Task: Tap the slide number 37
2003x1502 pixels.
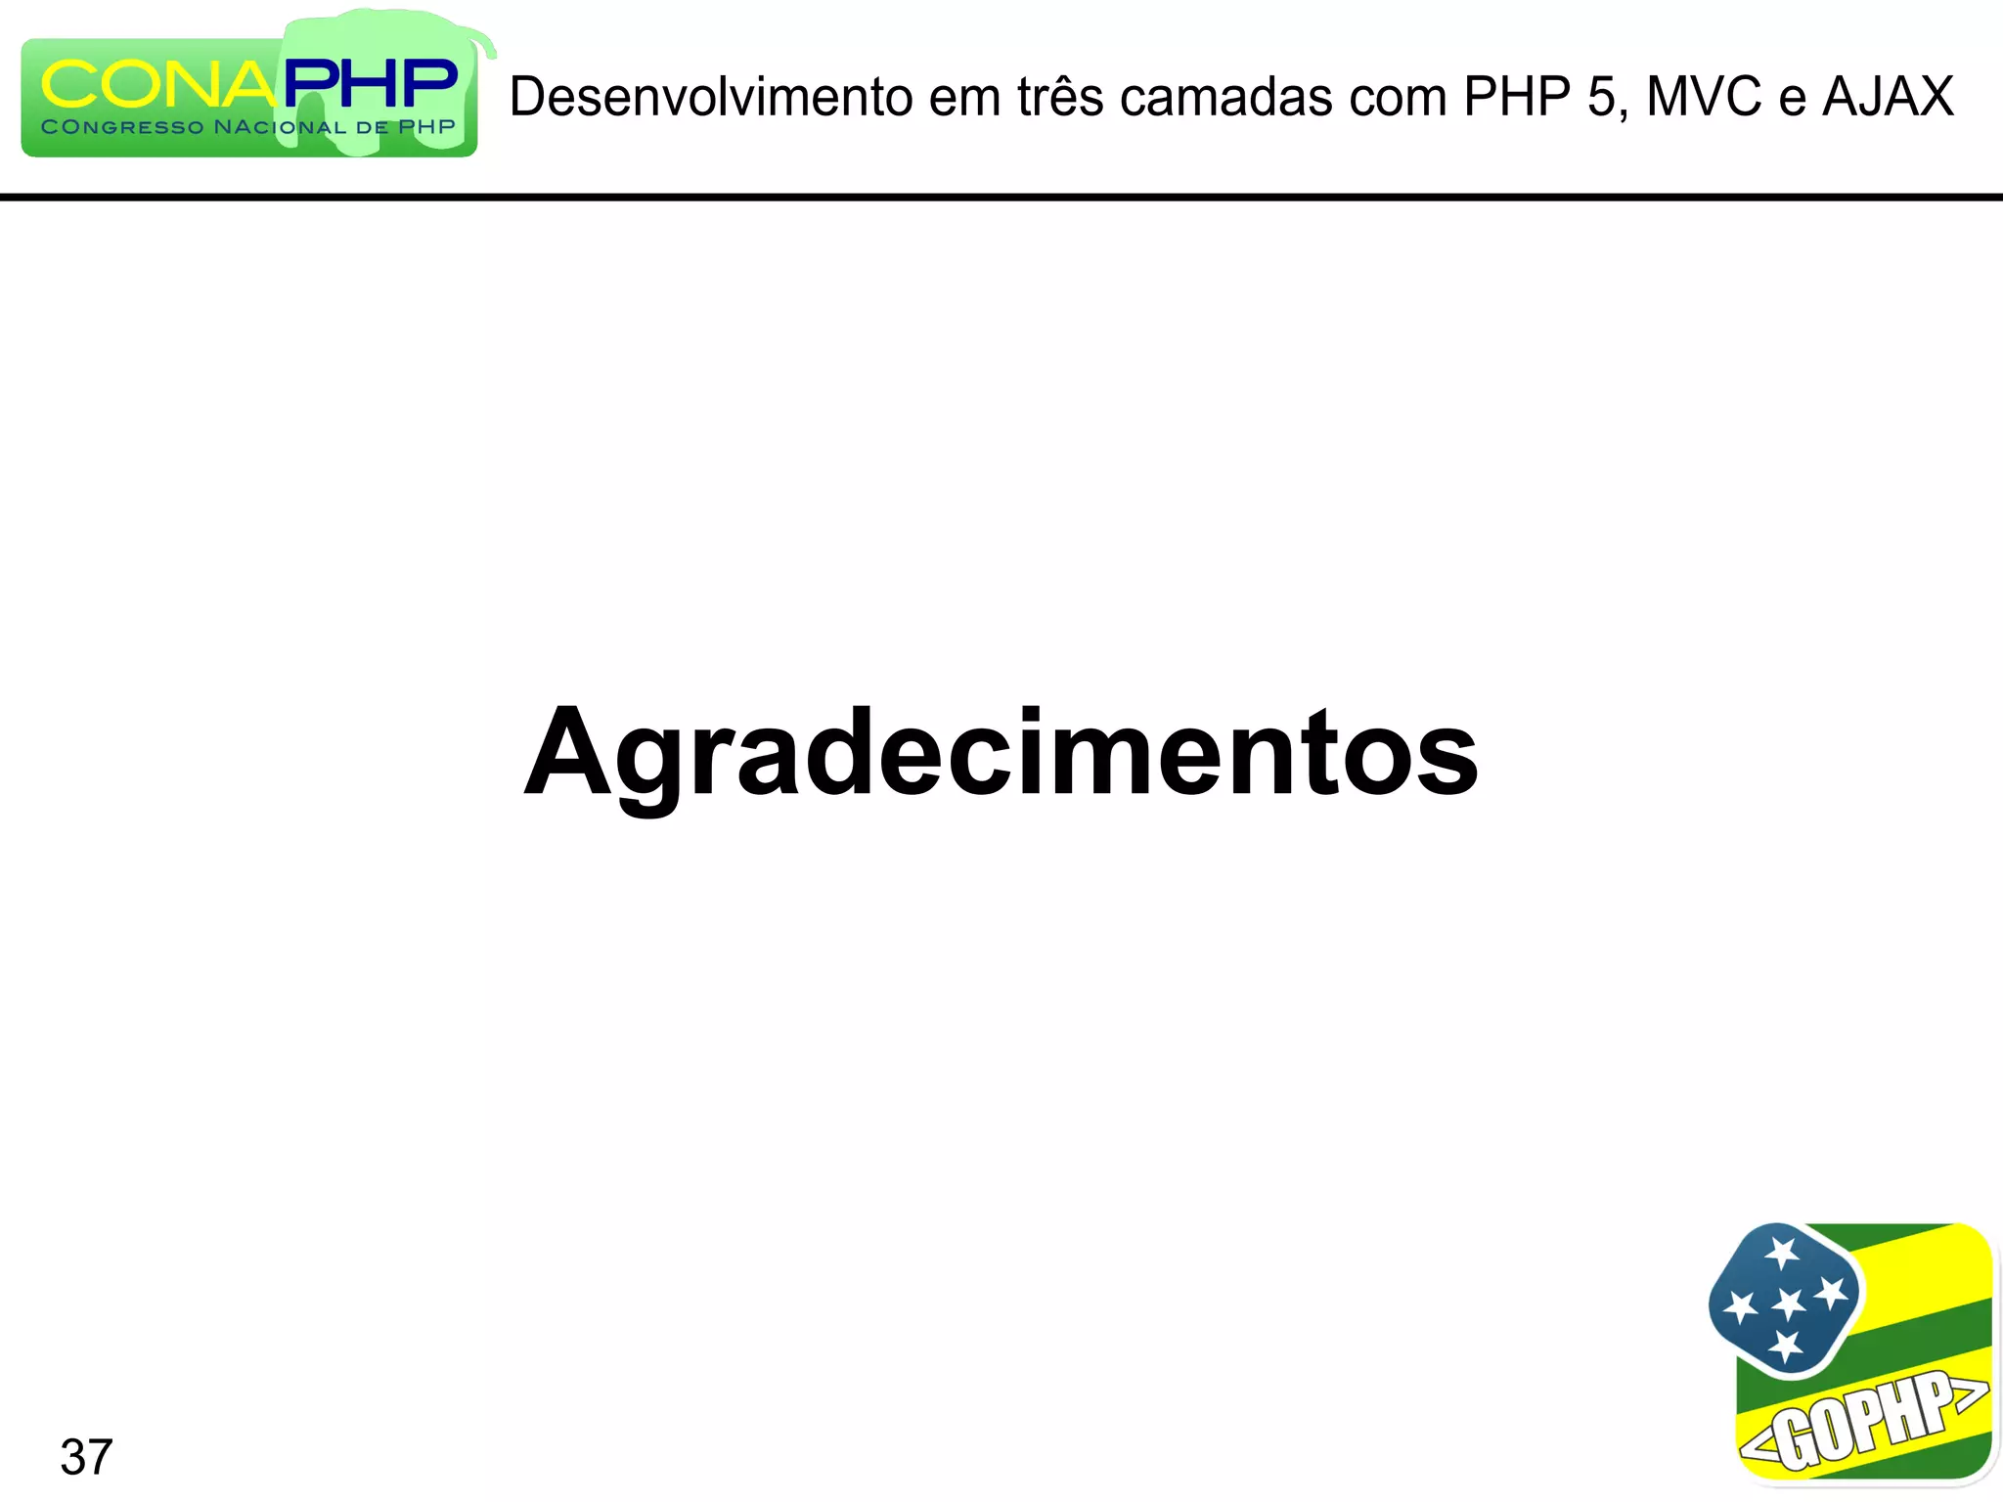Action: pyautogui.click(x=86, y=1457)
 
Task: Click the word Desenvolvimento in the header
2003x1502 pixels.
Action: pyautogui.click(x=711, y=97)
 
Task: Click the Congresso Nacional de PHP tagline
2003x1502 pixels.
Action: pyautogui.click(x=248, y=127)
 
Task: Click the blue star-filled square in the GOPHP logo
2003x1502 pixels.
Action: pyautogui.click(x=1785, y=1300)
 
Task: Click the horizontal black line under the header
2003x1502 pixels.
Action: pyautogui.click(x=1001, y=197)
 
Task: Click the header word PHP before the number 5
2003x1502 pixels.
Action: pyautogui.click(x=1515, y=97)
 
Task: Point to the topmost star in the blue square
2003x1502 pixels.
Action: pyautogui.click(x=1782, y=1253)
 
